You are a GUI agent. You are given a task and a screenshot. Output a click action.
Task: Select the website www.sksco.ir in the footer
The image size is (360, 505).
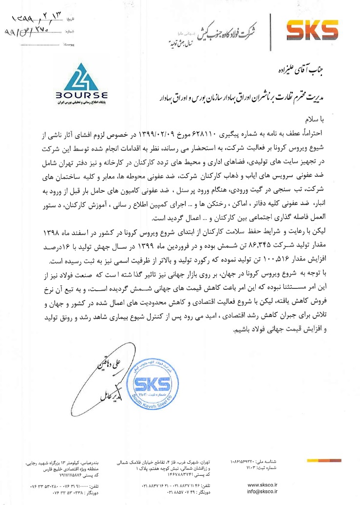point(263,485)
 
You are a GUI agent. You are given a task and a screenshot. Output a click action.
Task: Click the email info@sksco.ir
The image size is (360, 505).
point(263,492)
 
